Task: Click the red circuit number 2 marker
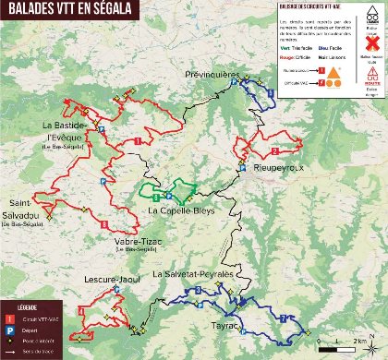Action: pyautogui.click(x=275, y=150)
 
